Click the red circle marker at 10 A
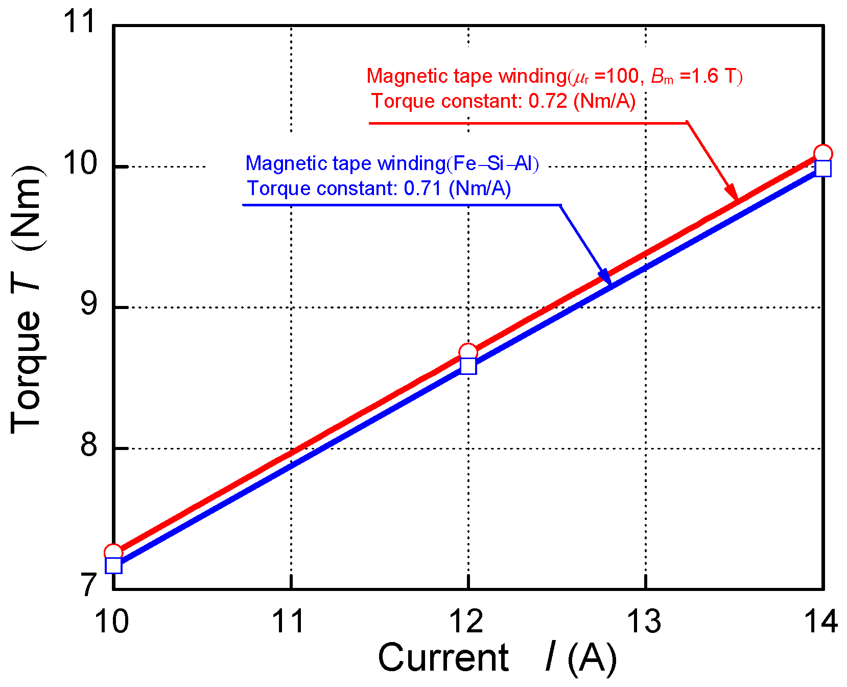(x=113, y=552)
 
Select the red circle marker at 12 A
(x=468, y=352)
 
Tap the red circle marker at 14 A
(x=823, y=153)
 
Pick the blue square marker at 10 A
(x=113, y=565)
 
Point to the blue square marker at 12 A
(x=468, y=366)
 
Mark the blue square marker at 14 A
(x=823, y=168)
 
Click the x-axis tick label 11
(x=290, y=622)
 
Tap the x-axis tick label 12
(x=466, y=622)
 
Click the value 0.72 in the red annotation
(x=548, y=101)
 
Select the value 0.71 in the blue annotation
(x=422, y=188)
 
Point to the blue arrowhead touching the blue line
(x=606, y=276)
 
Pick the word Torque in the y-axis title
(x=26, y=371)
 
